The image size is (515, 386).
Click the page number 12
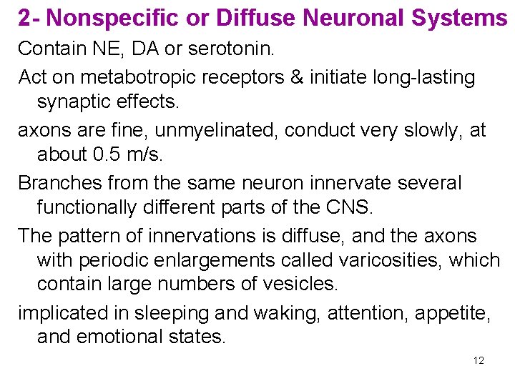tap(479, 360)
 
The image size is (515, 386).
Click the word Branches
tap(61, 182)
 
